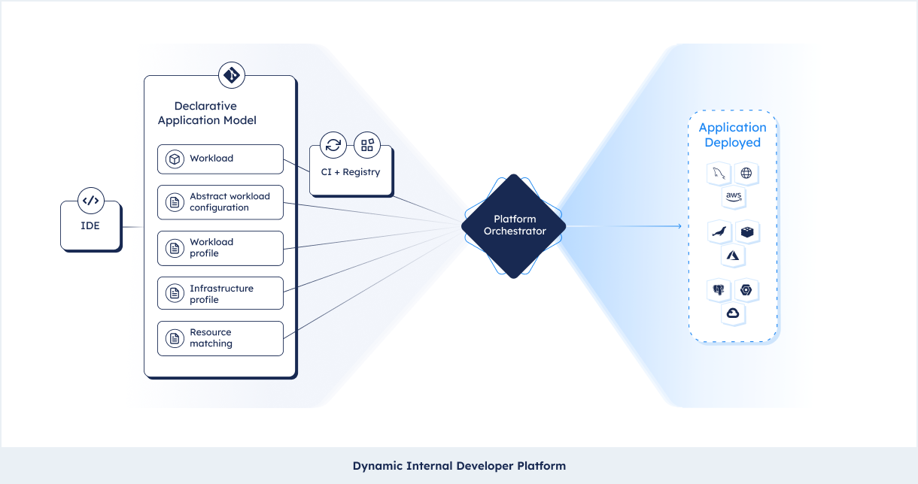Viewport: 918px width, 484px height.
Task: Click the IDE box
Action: point(90,225)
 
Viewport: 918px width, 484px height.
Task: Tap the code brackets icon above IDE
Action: point(90,201)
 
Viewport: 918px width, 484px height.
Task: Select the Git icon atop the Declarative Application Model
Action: point(232,75)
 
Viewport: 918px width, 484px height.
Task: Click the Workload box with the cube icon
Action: point(220,159)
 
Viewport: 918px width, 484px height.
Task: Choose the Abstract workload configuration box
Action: point(220,202)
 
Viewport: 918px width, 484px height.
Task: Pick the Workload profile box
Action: point(220,248)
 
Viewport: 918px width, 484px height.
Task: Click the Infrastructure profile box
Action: point(220,293)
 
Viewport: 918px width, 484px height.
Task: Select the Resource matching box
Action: point(220,338)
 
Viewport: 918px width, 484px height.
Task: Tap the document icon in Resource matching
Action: point(175,339)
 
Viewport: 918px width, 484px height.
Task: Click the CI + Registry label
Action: point(351,172)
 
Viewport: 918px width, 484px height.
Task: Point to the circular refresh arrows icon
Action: point(333,145)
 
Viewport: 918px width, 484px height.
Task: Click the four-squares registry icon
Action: point(367,145)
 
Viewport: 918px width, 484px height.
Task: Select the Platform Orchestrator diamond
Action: point(513,226)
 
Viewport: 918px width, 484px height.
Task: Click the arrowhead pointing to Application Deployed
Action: point(679,226)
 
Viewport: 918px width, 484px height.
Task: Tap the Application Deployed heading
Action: point(733,135)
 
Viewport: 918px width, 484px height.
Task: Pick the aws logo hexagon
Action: point(734,197)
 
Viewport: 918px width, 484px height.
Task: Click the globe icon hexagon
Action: point(746,173)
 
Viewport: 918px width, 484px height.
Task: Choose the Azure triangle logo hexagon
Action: point(733,256)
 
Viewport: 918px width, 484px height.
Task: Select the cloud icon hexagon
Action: point(733,313)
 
